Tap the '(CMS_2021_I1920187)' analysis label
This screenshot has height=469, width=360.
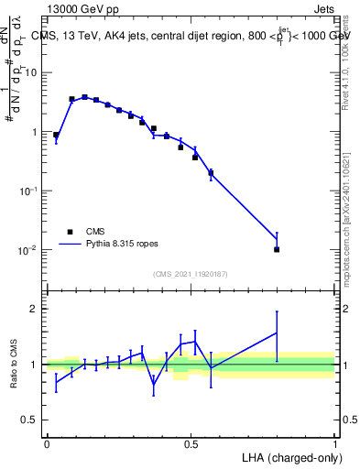pyautogui.click(x=190, y=274)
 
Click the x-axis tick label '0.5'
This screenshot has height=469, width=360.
pyautogui.click(x=191, y=443)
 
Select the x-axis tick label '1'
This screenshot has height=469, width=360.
pyautogui.click(x=334, y=443)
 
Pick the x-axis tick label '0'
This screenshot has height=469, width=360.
pyautogui.click(x=47, y=443)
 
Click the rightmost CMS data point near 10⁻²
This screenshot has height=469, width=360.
pyautogui.click(x=277, y=249)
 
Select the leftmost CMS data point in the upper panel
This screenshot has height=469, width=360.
pyautogui.click(x=56, y=135)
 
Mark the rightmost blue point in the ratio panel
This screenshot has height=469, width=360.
pyautogui.click(x=277, y=333)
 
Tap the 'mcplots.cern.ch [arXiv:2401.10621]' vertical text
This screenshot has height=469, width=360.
pyautogui.click(x=346, y=211)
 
